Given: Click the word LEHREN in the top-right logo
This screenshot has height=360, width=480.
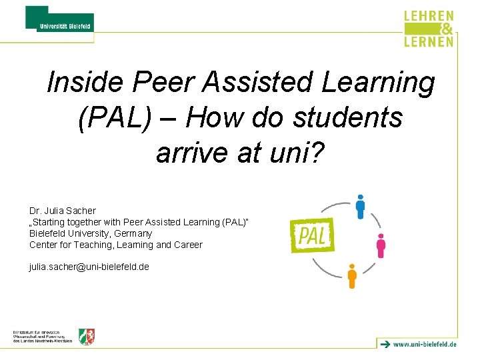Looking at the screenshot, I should click(429, 17).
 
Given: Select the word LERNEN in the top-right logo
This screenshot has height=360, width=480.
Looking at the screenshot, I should click(429, 41).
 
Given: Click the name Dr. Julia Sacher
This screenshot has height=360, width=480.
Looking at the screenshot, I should click(63, 211).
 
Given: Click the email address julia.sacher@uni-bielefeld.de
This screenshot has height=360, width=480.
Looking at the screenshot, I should click(89, 267).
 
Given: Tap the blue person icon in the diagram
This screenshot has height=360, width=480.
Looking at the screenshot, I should click(360, 206).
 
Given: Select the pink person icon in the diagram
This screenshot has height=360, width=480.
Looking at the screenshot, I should click(381, 245).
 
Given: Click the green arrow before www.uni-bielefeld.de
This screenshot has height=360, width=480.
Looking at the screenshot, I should click(385, 344).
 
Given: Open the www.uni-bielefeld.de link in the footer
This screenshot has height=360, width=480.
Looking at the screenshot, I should click(425, 345).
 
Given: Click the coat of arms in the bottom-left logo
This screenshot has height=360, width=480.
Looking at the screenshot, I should click(87, 336).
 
